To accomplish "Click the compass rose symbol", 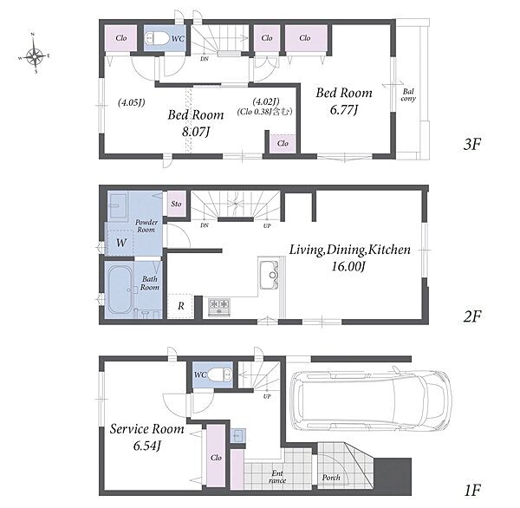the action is point(34,55).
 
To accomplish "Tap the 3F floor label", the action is point(472,144).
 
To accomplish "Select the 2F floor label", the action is point(472,316).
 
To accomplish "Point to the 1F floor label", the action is point(472,490).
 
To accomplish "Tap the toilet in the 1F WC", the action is point(220,375).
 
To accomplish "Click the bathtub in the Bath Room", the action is point(120,290).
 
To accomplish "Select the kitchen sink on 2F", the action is point(269,275).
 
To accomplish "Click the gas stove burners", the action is point(219,307).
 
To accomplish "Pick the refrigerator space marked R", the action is point(180,306).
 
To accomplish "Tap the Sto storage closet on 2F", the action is point(176,204).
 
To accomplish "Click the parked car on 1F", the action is point(370,401).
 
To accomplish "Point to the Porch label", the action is point(331,478).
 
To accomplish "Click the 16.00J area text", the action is point(348,266).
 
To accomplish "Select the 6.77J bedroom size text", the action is point(344,110).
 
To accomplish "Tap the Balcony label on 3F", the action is point(408,94).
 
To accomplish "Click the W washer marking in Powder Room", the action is point(121,243).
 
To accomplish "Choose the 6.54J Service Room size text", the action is point(147,446).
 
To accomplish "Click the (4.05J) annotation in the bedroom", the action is point(132,102).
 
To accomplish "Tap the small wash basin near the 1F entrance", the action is point(238,435).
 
